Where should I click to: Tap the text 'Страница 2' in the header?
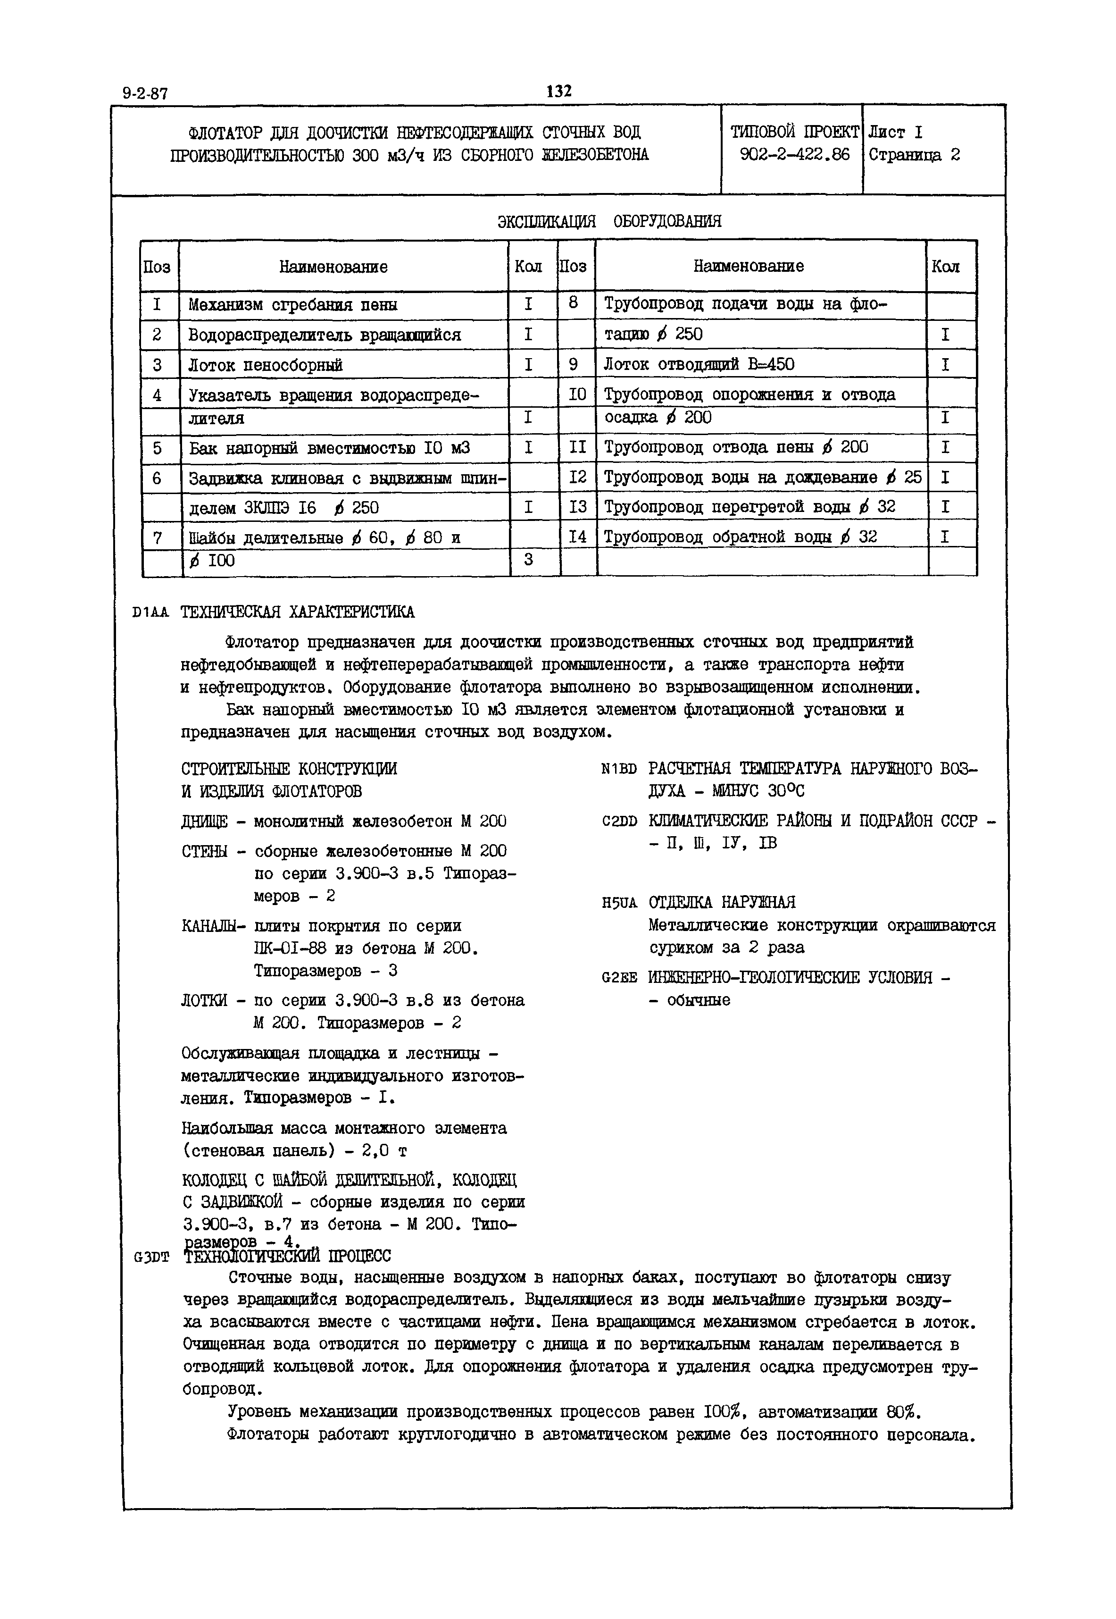point(914,155)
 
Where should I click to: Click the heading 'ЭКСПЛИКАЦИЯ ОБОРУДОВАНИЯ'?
point(609,222)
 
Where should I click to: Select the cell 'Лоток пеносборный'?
point(265,365)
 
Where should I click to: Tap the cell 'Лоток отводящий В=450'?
point(699,364)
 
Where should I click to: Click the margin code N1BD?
point(619,769)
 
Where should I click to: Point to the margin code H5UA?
point(619,903)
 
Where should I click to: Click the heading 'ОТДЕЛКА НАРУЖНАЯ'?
point(722,902)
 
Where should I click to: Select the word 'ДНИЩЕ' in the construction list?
point(203,821)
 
